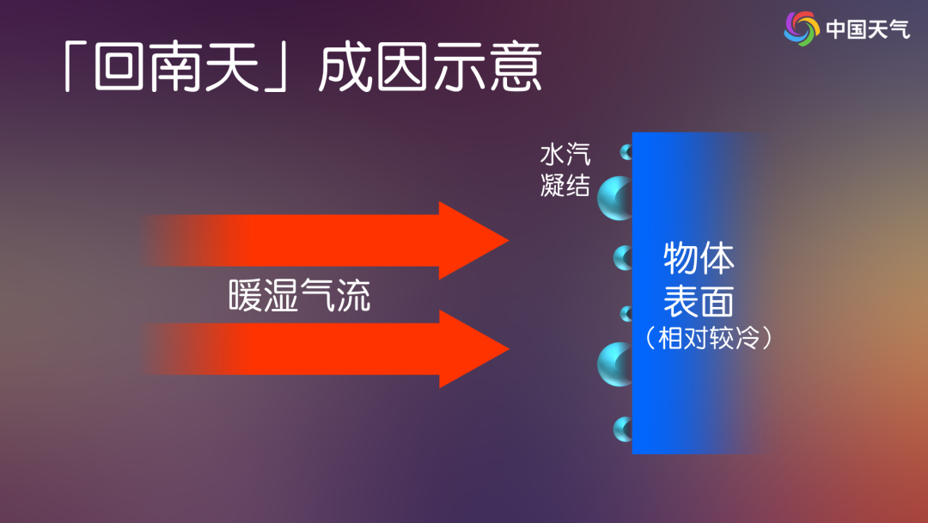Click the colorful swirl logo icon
[802, 28]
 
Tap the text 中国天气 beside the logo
[867, 29]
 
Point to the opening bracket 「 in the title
[77, 67]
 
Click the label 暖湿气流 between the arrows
[300, 295]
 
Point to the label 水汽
[565, 155]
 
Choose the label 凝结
[565, 185]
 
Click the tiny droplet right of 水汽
[626, 153]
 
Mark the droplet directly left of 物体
[623, 257]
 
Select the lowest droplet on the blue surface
[623, 428]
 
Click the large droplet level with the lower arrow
[616, 364]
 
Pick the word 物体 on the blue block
[699, 258]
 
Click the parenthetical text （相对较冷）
[708, 338]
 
